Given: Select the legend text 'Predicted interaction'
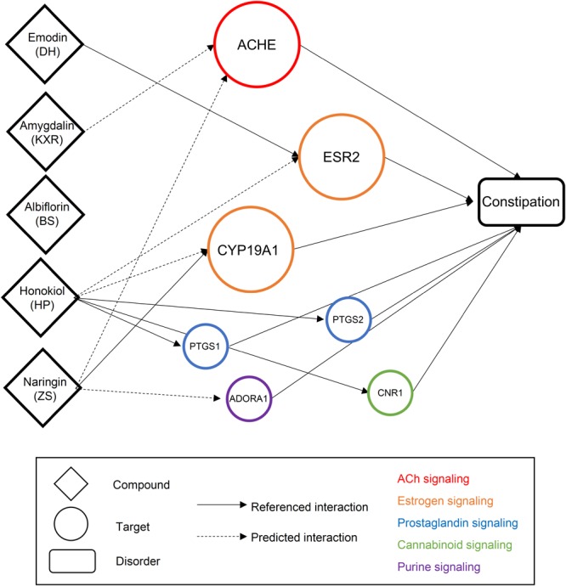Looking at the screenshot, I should click(x=309, y=538).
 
